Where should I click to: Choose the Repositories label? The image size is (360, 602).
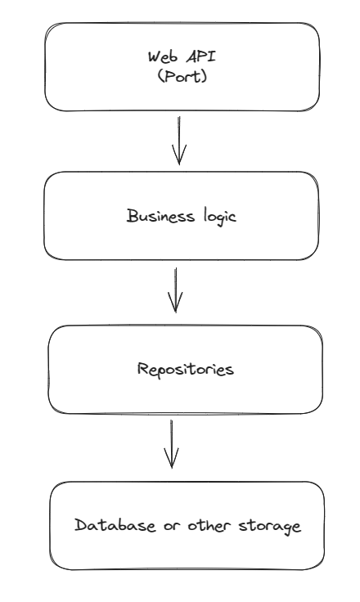point(184,369)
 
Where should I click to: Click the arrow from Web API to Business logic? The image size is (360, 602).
point(180,141)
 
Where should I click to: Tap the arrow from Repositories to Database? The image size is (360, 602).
point(170,443)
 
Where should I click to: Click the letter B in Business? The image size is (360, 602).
point(132,215)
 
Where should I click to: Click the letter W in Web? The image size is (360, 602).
point(153,57)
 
